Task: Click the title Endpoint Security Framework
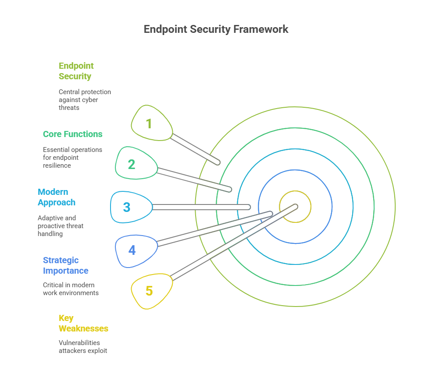pyautogui.click(x=216, y=29)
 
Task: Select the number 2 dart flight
pyautogui.click(x=134, y=164)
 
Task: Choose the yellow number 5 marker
pyautogui.click(x=151, y=291)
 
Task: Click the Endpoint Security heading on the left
pyautogui.click(x=76, y=71)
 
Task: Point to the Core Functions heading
pyautogui.click(x=72, y=134)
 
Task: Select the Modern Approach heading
pyautogui.click(x=57, y=197)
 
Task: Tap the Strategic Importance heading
pyautogui.click(x=65, y=265)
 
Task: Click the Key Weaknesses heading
pyautogui.click(x=83, y=323)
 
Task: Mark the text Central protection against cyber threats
pyautogui.click(x=85, y=100)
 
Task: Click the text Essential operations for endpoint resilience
pyautogui.click(x=72, y=157)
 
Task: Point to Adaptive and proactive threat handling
pyautogui.click(x=60, y=226)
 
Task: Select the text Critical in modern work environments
pyautogui.click(x=71, y=289)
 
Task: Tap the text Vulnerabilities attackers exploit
pyautogui.click(x=83, y=346)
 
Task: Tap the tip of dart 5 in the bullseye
pyautogui.click(x=295, y=206)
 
